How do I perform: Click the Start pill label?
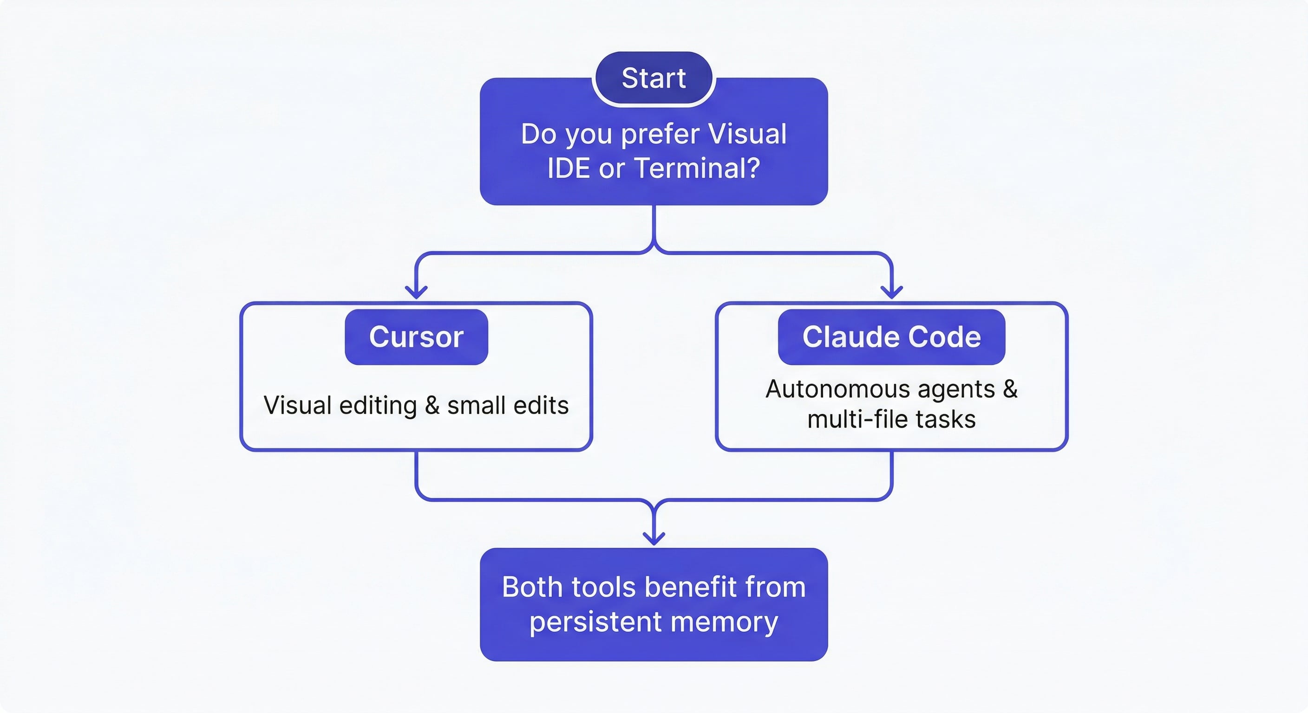coord(654,78)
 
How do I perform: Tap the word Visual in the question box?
coord(746,134)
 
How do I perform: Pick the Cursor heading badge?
coord(416,337)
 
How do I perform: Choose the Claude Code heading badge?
coord(891,337)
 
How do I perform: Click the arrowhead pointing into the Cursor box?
coord(416,292)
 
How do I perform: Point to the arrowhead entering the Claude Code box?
coord(891,292)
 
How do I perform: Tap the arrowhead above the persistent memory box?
coord(654,538)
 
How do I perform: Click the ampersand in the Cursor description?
coord(432,405)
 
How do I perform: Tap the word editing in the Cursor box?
coord(378,405)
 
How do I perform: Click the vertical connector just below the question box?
coord(654,223)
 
